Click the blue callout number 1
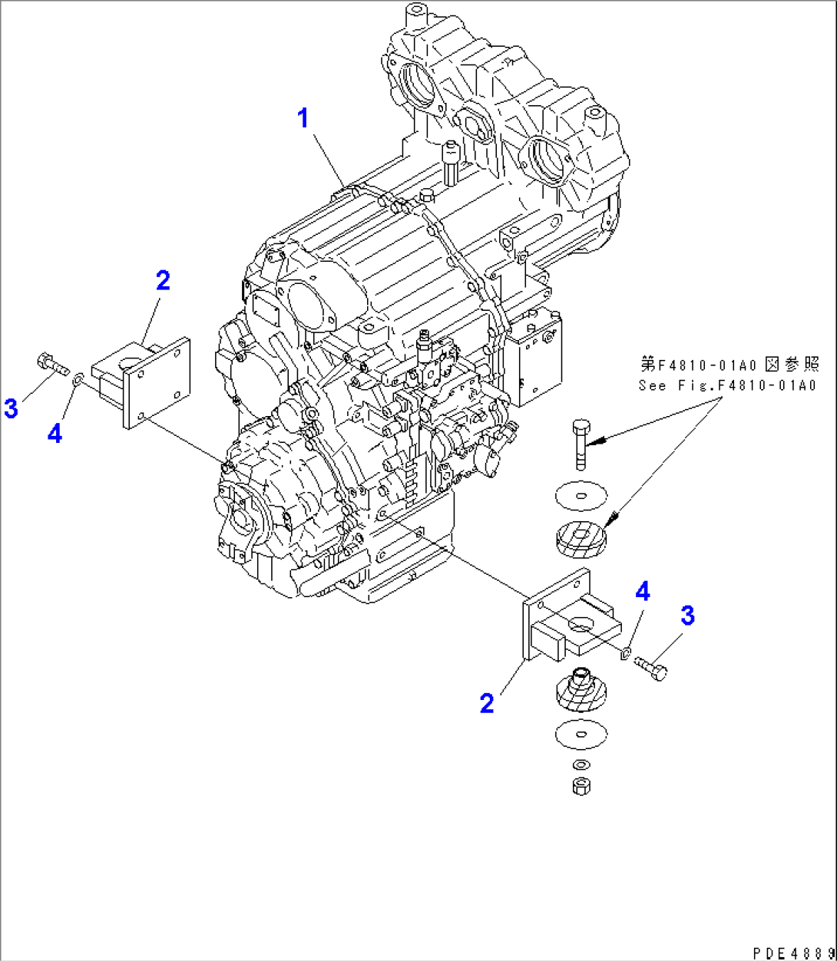pyautogui.click(x=304, y=119)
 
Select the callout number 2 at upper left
pyautogui.click(x=162, y=281)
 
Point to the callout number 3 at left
pyautogui.click(x=11, y=408)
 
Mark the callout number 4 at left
pyautogui.click(x=54, y=434)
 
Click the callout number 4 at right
pyautogui.click(x=643, y=591)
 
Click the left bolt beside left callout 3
pyautogui.click(x=51, y=364)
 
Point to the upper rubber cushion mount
pyautogui.click(x=581, y=535)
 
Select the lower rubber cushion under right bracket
pyautogui.click(x=580, y=690)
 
